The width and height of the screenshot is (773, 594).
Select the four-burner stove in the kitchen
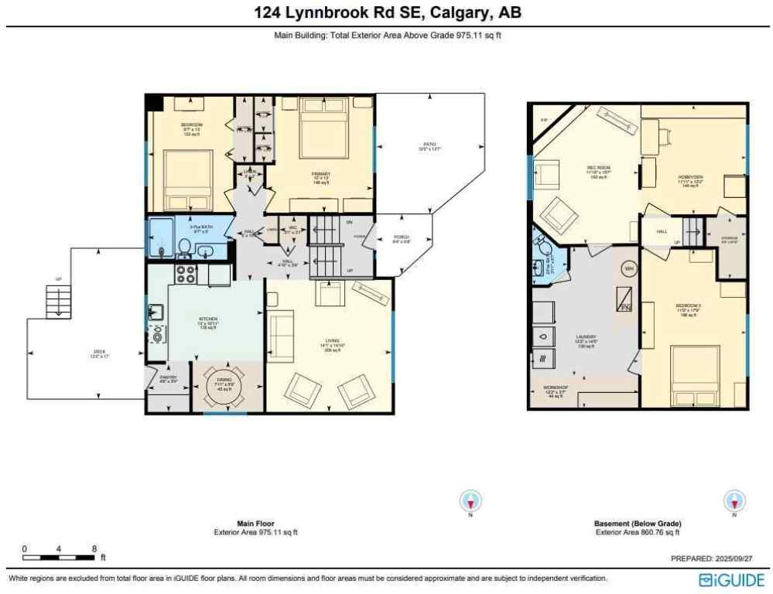point(186,274)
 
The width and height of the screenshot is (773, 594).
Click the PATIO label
point(429,145)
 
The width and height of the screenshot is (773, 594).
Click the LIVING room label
point(331,346)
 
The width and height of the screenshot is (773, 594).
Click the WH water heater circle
point(628,268)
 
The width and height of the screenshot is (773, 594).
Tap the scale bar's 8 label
point(94,548)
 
